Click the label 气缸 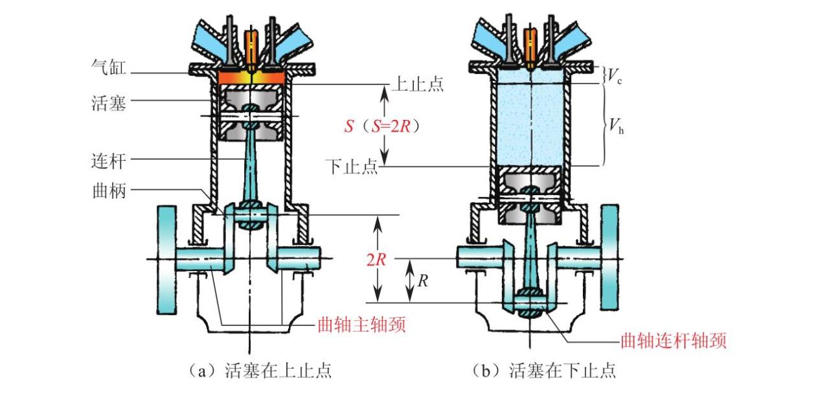point(107,67)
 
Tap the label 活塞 point(107,102)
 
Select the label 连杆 point(107,159)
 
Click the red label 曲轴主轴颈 point(361,324)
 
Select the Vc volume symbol point(612,76)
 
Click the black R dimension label point(422,281)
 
